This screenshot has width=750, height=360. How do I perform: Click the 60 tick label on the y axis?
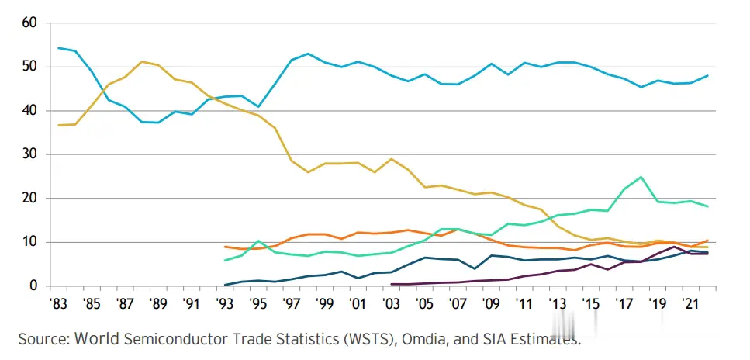tap(29, 22)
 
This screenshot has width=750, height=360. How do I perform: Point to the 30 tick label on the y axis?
tap(29, 154)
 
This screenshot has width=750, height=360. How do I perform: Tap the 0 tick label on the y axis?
tap(33, 286)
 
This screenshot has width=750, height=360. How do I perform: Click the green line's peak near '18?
tap(641, 177)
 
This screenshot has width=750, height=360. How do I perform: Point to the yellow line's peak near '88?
tap(142, 61)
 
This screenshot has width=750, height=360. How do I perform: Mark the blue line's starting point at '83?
tap(59, 48)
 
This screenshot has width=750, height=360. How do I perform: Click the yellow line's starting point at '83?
tap(59, 125)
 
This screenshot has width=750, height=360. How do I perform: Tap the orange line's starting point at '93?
tap(225, 247)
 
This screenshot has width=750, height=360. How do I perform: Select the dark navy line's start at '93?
tap(225, 285)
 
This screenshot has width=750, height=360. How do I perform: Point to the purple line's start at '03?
tap(391, 284)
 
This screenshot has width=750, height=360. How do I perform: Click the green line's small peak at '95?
tap(258, 241)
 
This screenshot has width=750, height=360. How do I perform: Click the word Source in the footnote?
tap(43, 339)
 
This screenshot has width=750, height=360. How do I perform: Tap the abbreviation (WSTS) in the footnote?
tap(359, 339)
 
